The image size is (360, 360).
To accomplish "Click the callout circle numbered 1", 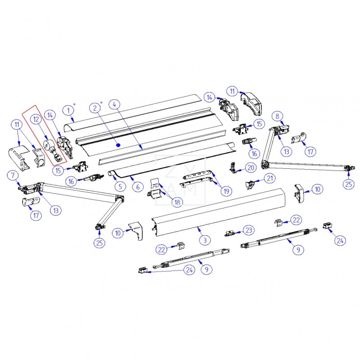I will point(68,109).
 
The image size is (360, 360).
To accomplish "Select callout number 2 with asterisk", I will point(94,108).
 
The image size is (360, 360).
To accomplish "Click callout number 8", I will point(278,116).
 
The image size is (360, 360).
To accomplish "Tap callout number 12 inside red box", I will point(36,119).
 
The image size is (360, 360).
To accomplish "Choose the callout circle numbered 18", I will point(177,202).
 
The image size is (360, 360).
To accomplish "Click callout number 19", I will point(226,191).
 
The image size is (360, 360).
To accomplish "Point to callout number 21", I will point(269,179).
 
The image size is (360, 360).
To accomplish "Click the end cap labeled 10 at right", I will point(299,192).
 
